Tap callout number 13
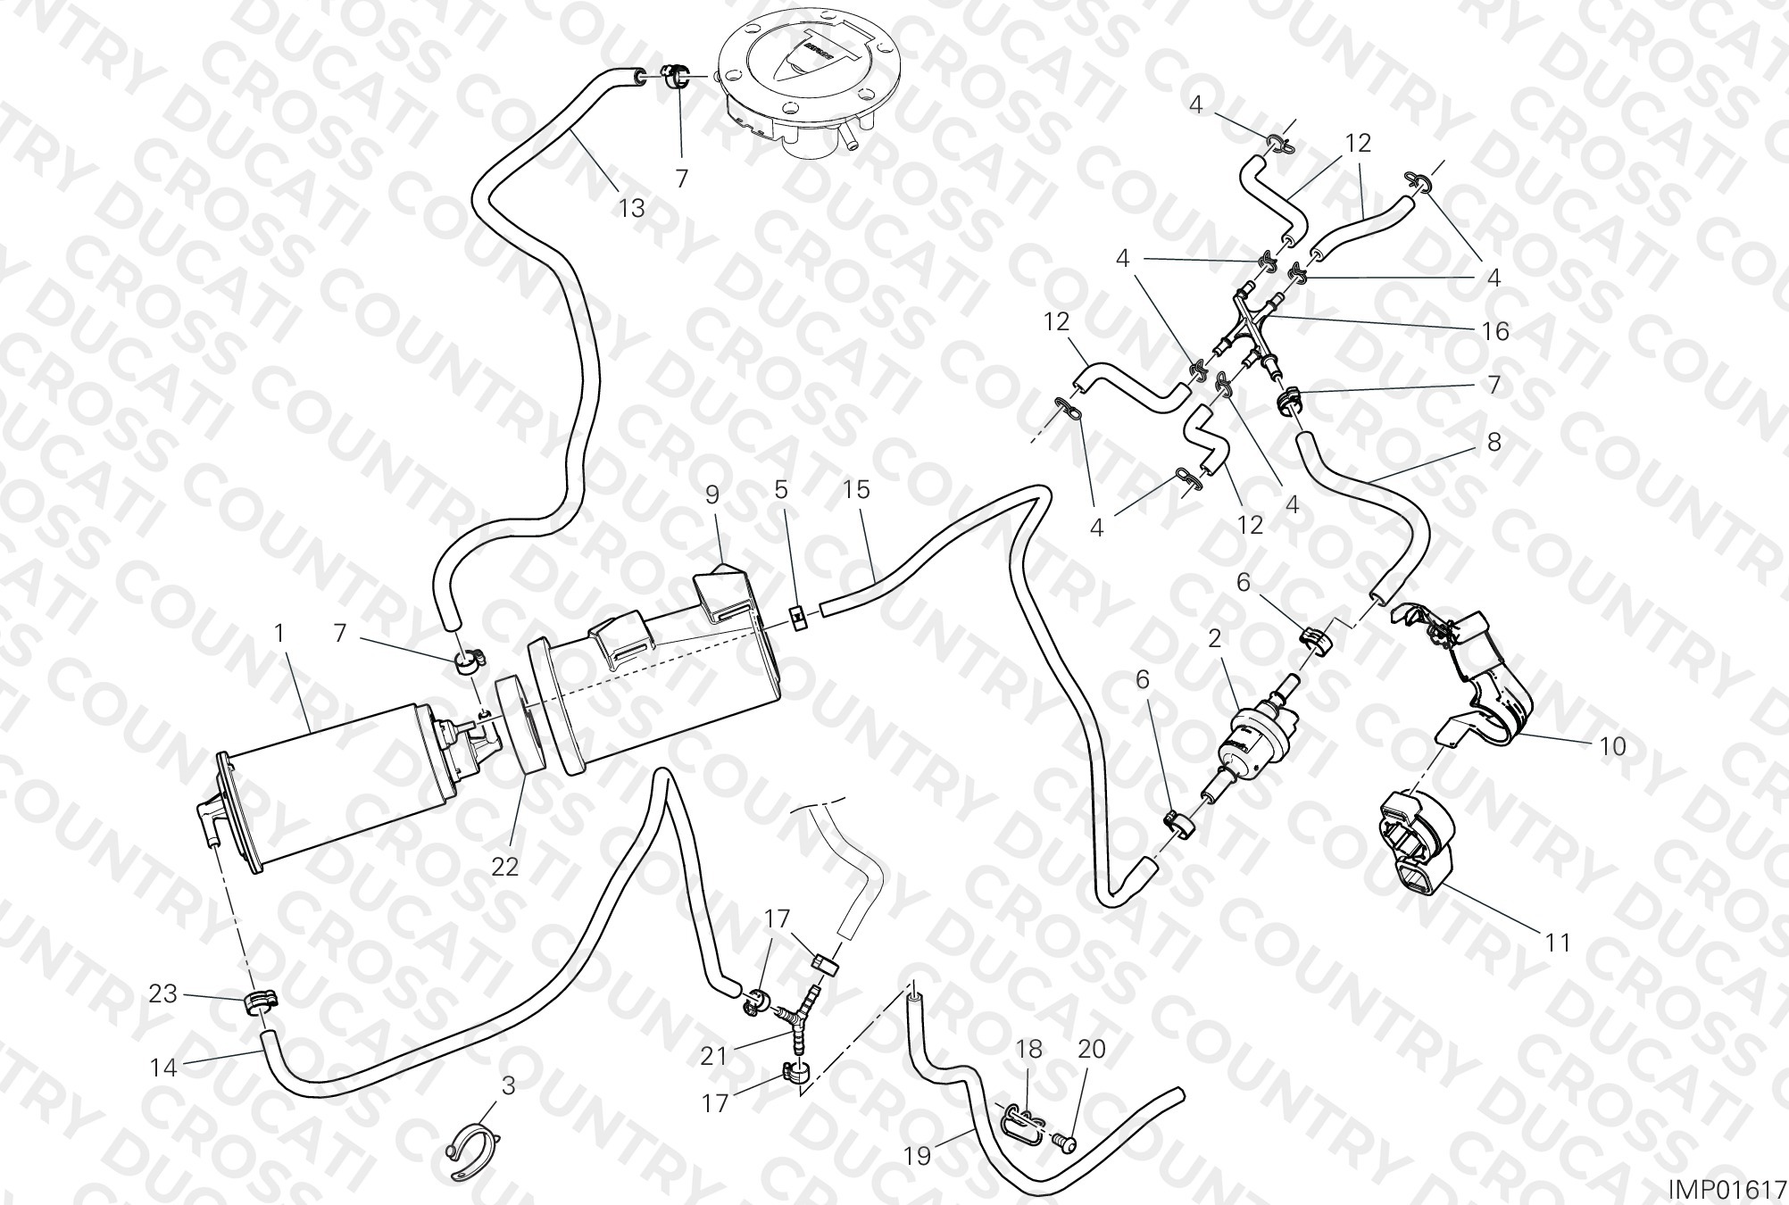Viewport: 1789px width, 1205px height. click(631, 209)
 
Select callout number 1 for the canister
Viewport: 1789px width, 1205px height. click(279, 635)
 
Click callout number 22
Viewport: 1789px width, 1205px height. click(505, 867)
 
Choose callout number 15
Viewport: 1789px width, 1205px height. click(856, 490)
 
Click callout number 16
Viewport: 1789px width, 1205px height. click(1495, 332)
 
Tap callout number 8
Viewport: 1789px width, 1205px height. click(1494, 442)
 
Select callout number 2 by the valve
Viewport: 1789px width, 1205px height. click(1214, 639)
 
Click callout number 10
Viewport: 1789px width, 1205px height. click(1612, 746)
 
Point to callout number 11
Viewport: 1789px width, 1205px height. click(1558, 943)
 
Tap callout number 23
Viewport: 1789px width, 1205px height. click(163, 993)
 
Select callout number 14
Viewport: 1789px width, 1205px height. click(164, 1068)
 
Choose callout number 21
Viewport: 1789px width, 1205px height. click(714, 1057)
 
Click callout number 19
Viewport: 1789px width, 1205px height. click(917, 1157)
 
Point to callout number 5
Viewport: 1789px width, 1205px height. click(781, 490)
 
